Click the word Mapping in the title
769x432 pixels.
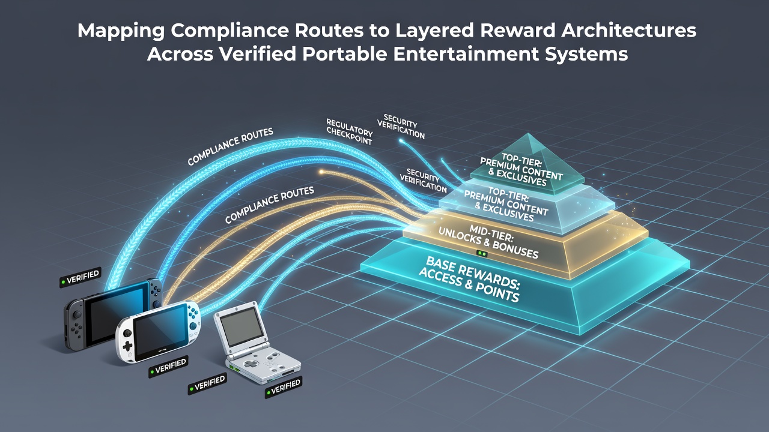121,31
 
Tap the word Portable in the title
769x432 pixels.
345,54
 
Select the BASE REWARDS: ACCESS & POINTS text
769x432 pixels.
470,280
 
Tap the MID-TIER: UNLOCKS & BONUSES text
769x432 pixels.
489,241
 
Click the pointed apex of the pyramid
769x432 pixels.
529,134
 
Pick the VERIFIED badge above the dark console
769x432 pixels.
81,277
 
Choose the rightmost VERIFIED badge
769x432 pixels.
284,388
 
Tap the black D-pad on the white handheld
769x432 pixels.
128,346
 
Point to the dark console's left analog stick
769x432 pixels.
78,314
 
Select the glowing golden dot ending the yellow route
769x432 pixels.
321,172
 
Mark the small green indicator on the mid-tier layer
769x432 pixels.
482,254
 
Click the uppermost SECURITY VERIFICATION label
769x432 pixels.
401,127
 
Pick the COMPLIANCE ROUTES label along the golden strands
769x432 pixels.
270,205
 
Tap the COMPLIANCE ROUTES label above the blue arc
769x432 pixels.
230,146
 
